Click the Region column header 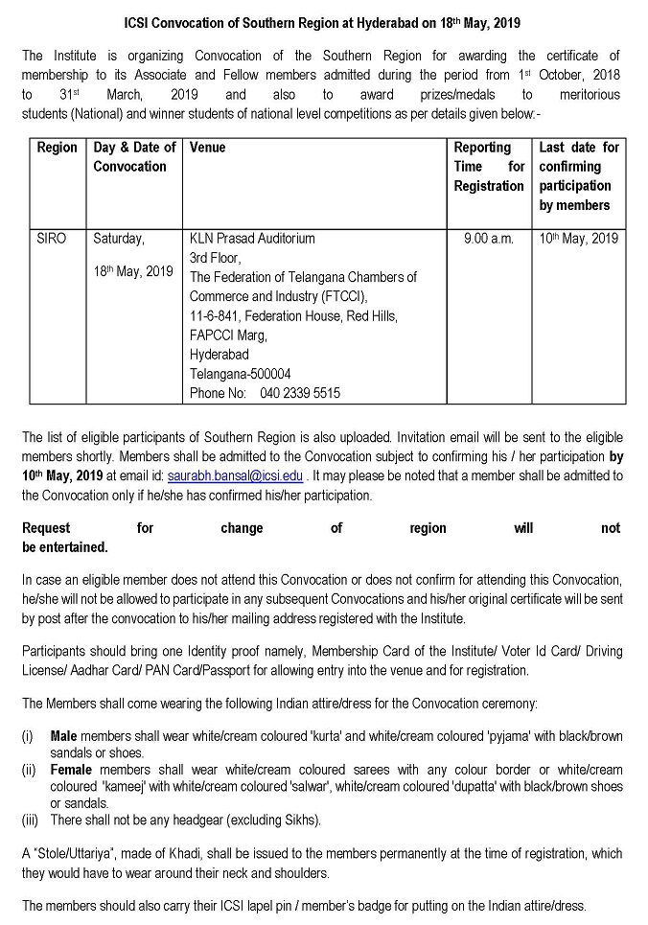[57, 148]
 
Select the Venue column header [208, 148]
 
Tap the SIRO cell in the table [52, 239]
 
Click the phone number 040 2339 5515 [265, 393]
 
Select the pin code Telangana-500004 [241, 374]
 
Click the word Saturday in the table [119, 239]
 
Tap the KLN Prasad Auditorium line [252, 239]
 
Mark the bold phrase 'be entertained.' [64, 547]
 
